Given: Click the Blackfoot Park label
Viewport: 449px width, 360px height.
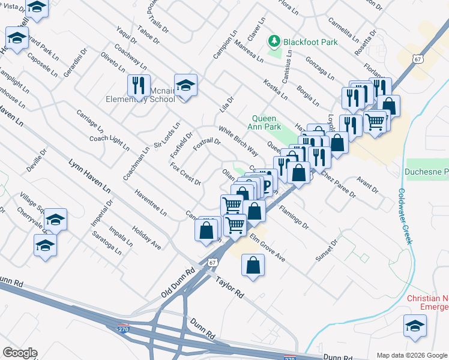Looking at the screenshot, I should (x=311, y=42).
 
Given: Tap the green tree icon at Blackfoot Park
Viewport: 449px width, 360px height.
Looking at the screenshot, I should (x=274, y=41).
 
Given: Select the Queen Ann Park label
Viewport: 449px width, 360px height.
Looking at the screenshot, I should (x=266, y=122).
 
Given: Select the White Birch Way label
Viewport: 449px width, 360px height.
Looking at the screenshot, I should (x=238, y=140).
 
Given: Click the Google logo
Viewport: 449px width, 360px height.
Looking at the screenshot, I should (x=20, y=353).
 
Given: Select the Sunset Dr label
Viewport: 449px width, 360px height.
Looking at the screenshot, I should (x=327, y=248).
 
